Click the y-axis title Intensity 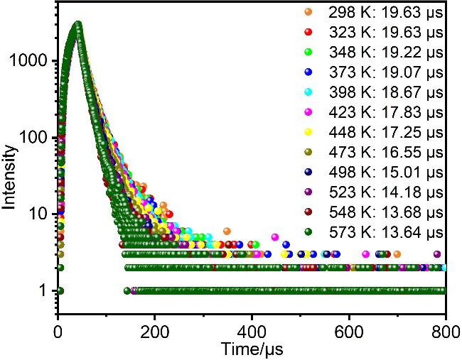coord(9,178)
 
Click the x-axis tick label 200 coord(155,331)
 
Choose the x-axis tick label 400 coord(252,331)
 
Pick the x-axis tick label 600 coord(348,331)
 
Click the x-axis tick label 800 coord(444,331)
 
